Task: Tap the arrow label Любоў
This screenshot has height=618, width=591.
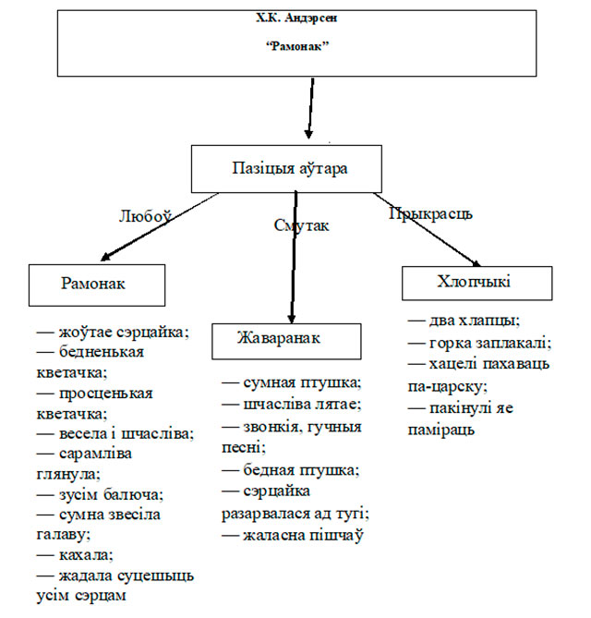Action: (x=145, y=215)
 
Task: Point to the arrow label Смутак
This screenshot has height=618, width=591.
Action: (x=301, y=224)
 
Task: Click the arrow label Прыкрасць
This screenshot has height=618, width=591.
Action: (x=430, y=213)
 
